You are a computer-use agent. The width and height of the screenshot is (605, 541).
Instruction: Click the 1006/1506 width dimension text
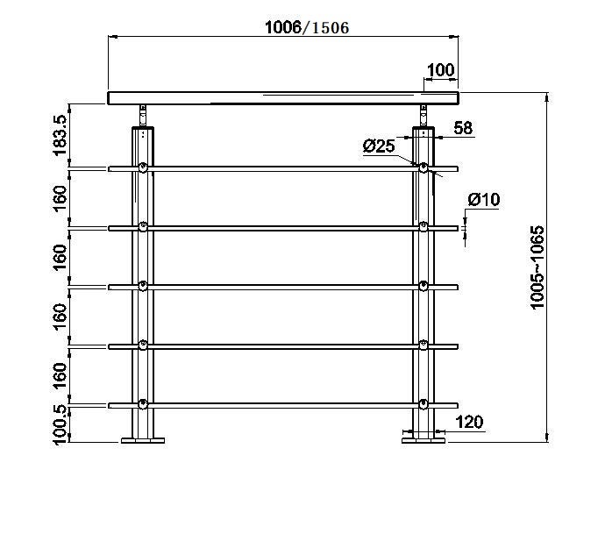pyautogui.click(x=307, y=27)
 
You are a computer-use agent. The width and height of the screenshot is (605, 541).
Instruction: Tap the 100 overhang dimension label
pyautogui.click(x=441, y=70)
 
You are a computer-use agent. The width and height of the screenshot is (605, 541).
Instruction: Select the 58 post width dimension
pyautogui.click(x=463, y=128)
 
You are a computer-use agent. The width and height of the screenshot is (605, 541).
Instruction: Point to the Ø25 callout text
pyautogui.click(x=379, y=146)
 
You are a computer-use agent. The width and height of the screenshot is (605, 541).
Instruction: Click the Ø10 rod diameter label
pyautogui.click(x=483, y=200)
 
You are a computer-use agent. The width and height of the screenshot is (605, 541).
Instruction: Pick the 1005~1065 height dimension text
pyautogui.click(x=537, y=267)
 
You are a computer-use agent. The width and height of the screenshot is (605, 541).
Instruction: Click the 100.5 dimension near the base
pyautogui.click(x=60, y=425)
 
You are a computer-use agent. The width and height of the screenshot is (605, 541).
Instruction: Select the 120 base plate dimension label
pyautogui.click(x=469, y=422)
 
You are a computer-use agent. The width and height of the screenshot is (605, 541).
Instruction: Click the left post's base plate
pyautogui.click(x=143, y=440)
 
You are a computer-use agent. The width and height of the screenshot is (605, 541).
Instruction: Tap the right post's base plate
pyautogui.click(x=423, y=440)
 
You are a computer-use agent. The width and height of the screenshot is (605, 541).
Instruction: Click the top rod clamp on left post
pyautogui.click(x=143, y=167)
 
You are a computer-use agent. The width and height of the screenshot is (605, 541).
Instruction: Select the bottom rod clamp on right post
pyautogui.click(x=423, y=404)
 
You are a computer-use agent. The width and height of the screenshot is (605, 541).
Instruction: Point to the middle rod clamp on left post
pyautogui.click(x=143, y=286)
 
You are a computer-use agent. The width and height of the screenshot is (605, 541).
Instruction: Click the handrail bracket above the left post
pyautogui.click(x=143, y=116)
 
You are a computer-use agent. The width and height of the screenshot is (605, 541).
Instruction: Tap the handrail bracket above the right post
pyautogui.click(x=423, y=116)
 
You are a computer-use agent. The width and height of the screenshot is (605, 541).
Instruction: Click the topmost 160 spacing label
pyautogui.click(x=60, y=198)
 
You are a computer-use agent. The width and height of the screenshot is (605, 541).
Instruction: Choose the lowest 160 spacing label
pyautogui.click(x=60, y=376)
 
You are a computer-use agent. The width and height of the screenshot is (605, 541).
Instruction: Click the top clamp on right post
pyautogui.click(x=423, y=167)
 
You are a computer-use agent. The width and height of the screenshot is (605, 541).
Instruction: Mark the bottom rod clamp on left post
pyautogui.click(x=143, y=404)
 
